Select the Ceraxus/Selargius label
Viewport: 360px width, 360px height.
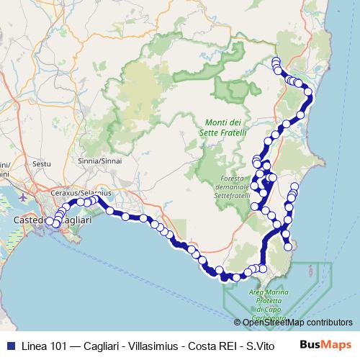(79, 194)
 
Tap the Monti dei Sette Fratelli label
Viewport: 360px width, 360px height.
(225, 127)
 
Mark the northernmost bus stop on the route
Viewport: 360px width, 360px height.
(275, 60)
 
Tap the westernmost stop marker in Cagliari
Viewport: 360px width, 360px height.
(50, 221)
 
